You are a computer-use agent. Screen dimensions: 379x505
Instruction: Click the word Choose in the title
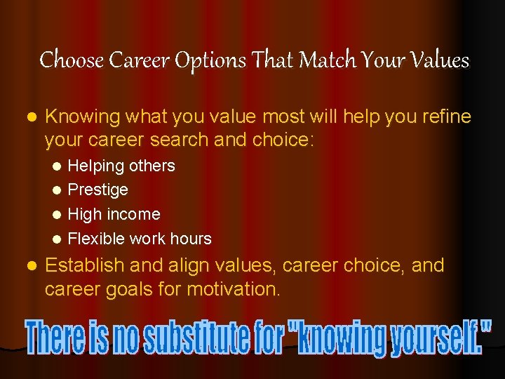pyautogui.click(x=64, y=60)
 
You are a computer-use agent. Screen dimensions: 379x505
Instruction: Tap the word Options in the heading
pyautogui.click(x=210, y=61)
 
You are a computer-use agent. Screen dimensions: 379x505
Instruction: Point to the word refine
pyautogui.click(x=445, y=117)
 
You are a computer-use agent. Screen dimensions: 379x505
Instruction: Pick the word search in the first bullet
pyautogui.click(x=177, y=140)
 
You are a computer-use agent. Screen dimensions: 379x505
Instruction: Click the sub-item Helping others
pyautogui.click(x=121, y=166)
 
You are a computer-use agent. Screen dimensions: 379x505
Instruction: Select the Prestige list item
pyautogui.click(x=97, y=189)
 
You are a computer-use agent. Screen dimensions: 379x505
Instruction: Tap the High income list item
pyautogui.click(x=114, y=214)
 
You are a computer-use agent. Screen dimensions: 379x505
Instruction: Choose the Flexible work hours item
pyautogui.click(x=140, y=239)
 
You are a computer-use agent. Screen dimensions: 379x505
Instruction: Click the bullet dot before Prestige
pyautogui.click(x=58, y=190)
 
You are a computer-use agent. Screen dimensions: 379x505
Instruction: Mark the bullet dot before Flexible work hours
pyautogui.click(x=58, y=239)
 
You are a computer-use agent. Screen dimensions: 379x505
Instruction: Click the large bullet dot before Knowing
pyautogui.click(x=29, y=117)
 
